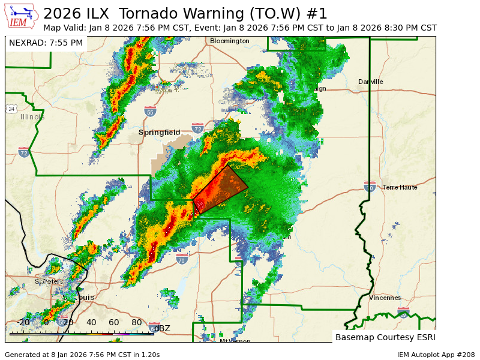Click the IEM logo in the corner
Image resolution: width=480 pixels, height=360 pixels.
(x=22, y=16)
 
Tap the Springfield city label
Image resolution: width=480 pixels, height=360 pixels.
(x=159, y=132)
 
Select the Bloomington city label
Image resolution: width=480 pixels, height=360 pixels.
(x=229, y=41)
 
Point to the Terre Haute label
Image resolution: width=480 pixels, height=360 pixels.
(x=400, y=187)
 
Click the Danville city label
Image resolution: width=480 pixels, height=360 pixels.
(x=370, y=82)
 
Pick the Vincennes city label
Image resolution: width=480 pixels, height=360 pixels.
(x=385, y=298)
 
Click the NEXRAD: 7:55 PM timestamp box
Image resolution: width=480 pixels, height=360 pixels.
(x=46, y=43)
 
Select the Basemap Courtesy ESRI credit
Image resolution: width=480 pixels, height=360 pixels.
(x=384, y=337)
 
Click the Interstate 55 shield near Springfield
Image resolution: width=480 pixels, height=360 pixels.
(x=150, y=112)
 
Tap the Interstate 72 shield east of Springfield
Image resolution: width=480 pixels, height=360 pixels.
(x=197, y=128)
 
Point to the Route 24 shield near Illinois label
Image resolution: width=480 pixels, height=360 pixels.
(x=11, y=109)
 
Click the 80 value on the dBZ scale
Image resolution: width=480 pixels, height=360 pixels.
(x=136, y=322)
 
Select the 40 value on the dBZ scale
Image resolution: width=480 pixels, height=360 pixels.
(x=91, y=322)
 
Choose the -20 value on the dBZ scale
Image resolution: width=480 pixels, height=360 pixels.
(x=23, y=322)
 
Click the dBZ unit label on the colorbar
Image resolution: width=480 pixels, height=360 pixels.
(x=162, y=328)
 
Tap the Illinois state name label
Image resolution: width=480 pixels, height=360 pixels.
(x=32, y=117)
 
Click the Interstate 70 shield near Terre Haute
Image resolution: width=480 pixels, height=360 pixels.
(x=370, y=187)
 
